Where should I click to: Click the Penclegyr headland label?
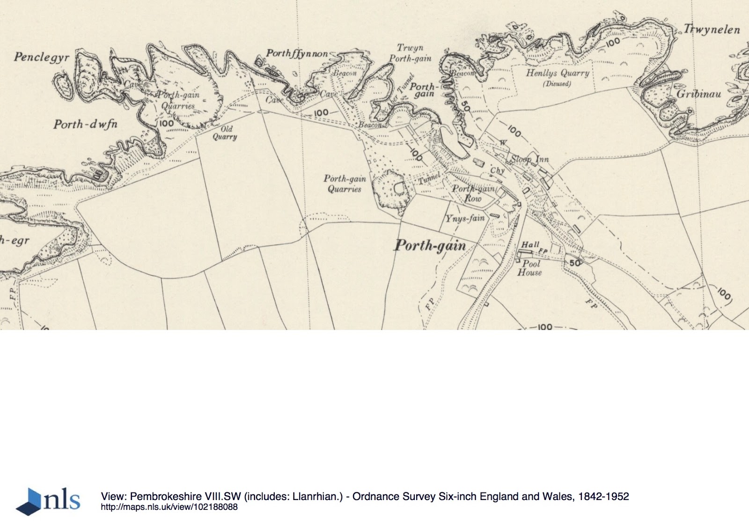(41, 57)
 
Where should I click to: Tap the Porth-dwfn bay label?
(85, 124)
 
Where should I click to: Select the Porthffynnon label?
(297, 53)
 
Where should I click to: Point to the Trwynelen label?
(712, 29)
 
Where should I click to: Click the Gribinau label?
(698, 94)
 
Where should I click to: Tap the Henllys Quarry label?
(557, 73)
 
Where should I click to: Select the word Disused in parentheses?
(557, 84)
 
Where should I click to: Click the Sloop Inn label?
(529, 159)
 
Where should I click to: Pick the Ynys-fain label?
(465, 218)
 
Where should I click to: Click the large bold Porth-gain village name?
(430, 245)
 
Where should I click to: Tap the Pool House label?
(529, 268)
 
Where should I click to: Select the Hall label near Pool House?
(530, 244)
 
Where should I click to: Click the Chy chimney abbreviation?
(497, 170)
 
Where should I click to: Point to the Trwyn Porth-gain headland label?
(410, 53)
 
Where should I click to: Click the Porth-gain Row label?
(473, 193)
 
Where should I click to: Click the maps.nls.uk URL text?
(169, 507)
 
